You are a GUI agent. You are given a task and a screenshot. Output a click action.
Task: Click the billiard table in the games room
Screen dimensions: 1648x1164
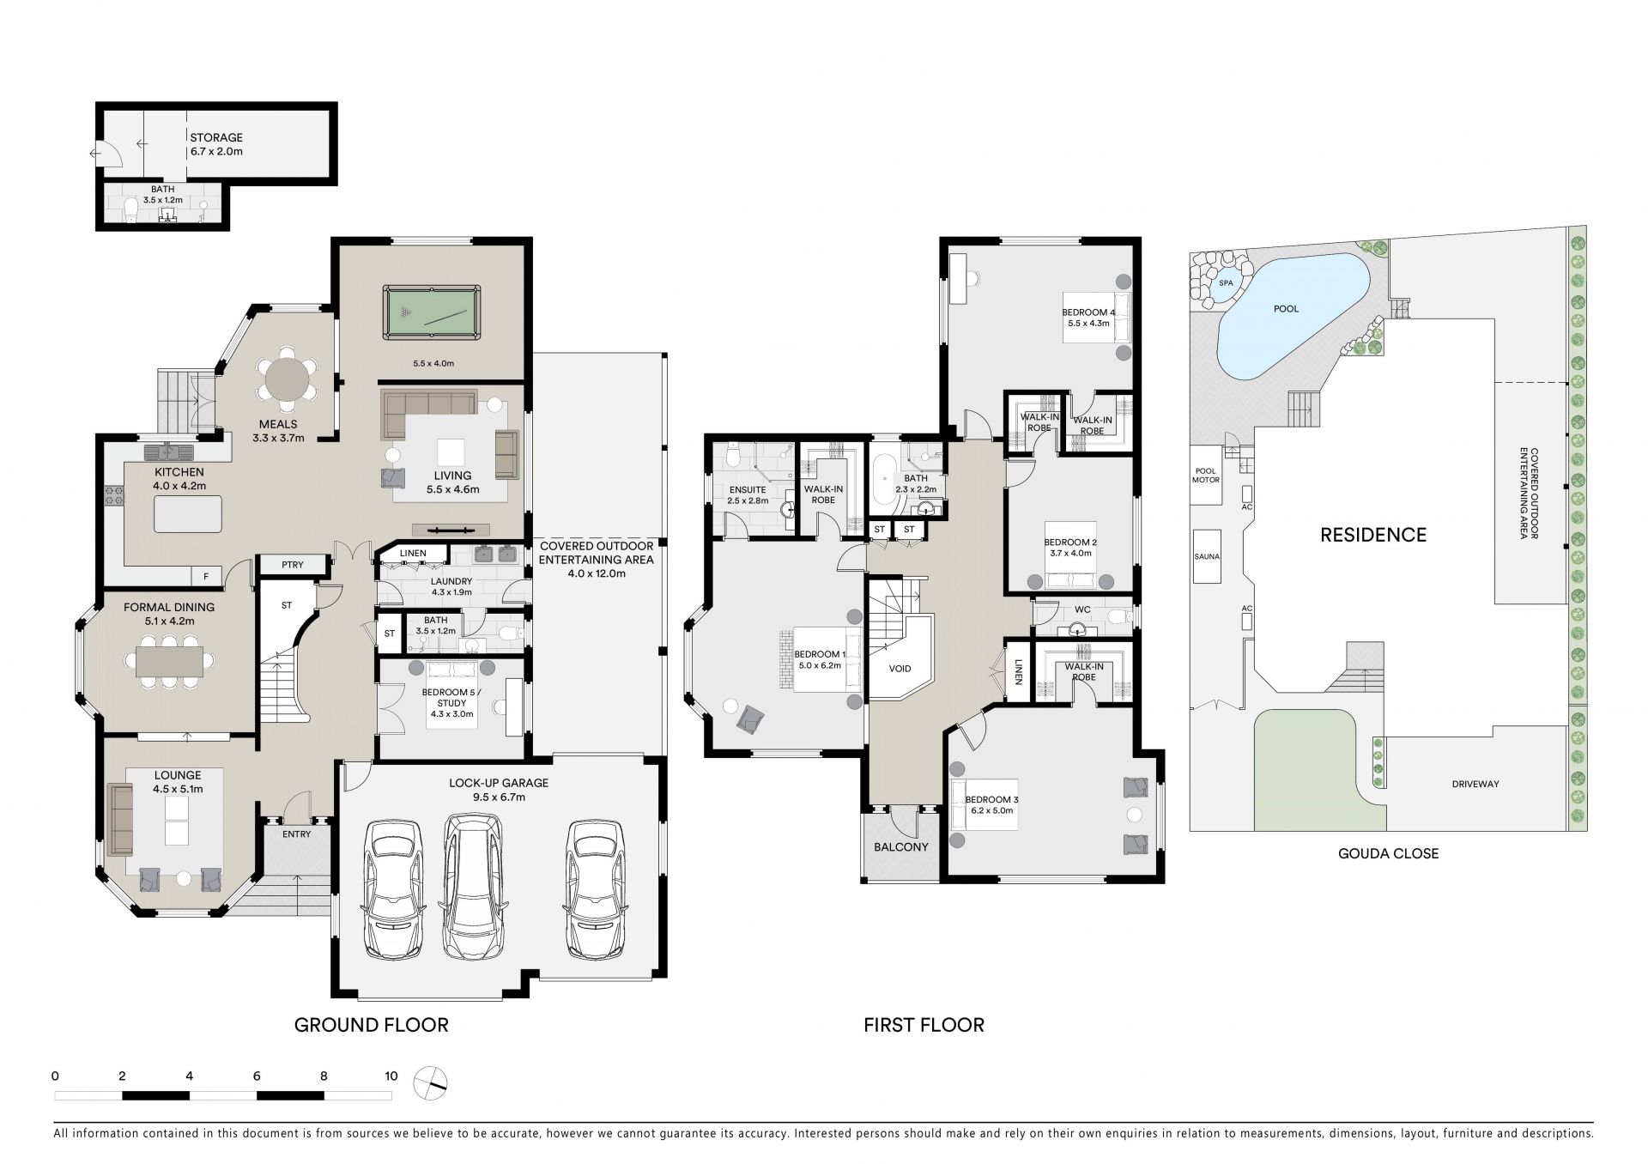coord(432,312)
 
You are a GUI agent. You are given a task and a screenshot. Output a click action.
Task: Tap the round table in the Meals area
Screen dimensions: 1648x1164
coord(287,379)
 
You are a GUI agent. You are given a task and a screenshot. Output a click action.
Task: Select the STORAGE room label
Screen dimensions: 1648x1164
coord(216,137)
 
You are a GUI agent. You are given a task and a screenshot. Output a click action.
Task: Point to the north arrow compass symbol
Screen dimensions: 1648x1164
coord(430,1082)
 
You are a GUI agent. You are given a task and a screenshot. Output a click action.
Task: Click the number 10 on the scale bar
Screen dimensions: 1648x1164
coord(391,1076)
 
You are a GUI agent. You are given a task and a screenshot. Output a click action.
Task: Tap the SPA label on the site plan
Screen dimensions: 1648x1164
coord(1225,282)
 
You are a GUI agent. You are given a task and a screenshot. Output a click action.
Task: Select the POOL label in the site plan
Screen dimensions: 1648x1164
coord(1286,309)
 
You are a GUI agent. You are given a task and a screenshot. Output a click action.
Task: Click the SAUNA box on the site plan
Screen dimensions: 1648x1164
coord(1207,556)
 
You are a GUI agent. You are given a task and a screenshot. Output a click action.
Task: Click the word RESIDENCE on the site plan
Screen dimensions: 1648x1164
coord(1373,535)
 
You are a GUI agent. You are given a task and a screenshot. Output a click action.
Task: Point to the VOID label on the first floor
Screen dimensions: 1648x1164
coord(900,669)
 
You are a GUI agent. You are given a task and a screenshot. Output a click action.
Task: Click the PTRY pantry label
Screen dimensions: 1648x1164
coord(293,565)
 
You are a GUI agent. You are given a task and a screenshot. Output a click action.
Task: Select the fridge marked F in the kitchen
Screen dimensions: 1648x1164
coord(206,577)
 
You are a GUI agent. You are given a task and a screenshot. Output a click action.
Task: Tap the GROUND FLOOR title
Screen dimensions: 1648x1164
coord(372,1025)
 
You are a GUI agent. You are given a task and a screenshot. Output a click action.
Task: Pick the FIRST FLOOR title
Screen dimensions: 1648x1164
coord(924,1025)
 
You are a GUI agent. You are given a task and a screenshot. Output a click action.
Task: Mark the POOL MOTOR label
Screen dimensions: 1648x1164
coord(1206,476)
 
